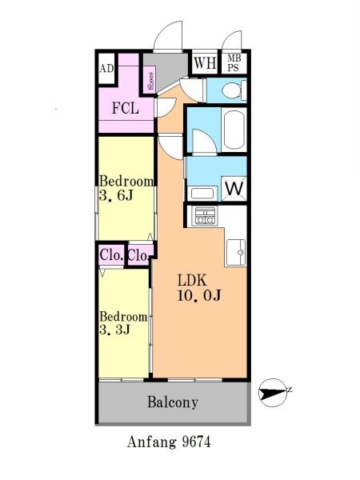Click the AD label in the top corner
[x=106, y=69]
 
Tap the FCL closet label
[x=126, y=108]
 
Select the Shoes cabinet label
[x=150, y=81]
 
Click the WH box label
[x=205, y=62]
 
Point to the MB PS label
[x=234, y=63]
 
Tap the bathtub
[x=234, y=129]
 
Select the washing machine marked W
[x=234, y=189]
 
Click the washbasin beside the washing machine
[x=202, y=194]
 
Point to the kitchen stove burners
[x=205, y=216]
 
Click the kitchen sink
[x=236, y=252]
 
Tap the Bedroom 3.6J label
[x=126, y=188]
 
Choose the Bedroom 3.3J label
[x=123, y=323]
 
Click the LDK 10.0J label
[x=199, y=288]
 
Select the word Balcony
[x=173, y=402]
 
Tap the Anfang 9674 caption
[x=169, y=442]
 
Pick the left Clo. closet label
[x=112, y=254]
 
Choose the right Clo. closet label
[x=138, y=255]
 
